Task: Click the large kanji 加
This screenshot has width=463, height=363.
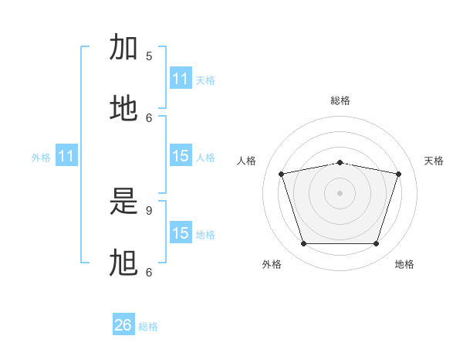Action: tap(123, 46)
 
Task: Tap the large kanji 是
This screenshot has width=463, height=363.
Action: tap(123, 201)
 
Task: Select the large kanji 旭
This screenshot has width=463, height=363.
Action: tap(123, 263)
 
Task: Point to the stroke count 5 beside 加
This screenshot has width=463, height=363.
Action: tap(149, 56)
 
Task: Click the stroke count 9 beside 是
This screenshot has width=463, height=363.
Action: tap(149, 211)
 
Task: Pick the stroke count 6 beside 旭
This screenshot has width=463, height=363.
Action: tap(149, 272)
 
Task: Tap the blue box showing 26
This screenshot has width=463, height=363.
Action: tap(123, 324)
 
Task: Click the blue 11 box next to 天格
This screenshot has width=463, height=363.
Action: tap(181, 78)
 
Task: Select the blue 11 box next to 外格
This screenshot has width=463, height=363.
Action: tap(66, 155)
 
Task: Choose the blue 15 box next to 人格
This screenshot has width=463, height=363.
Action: tap(181, 155)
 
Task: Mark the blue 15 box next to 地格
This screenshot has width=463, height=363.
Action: tap(181, 232)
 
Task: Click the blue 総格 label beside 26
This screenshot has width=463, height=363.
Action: tap(148, 327)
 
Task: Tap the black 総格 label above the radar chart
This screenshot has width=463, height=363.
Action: tap(340, 100)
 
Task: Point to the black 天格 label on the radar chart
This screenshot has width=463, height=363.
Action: tap(434, 161)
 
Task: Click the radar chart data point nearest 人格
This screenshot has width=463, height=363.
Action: tap(282, 174)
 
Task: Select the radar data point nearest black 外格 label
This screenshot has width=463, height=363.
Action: tap(304, 243)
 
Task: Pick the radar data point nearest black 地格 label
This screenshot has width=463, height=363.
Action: tap(376, 243)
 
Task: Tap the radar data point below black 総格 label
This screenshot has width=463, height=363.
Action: tap(340, 163)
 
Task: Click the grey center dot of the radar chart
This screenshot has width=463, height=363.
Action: tap(340, 193)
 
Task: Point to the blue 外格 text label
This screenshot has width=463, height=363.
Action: tap(41, 158)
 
